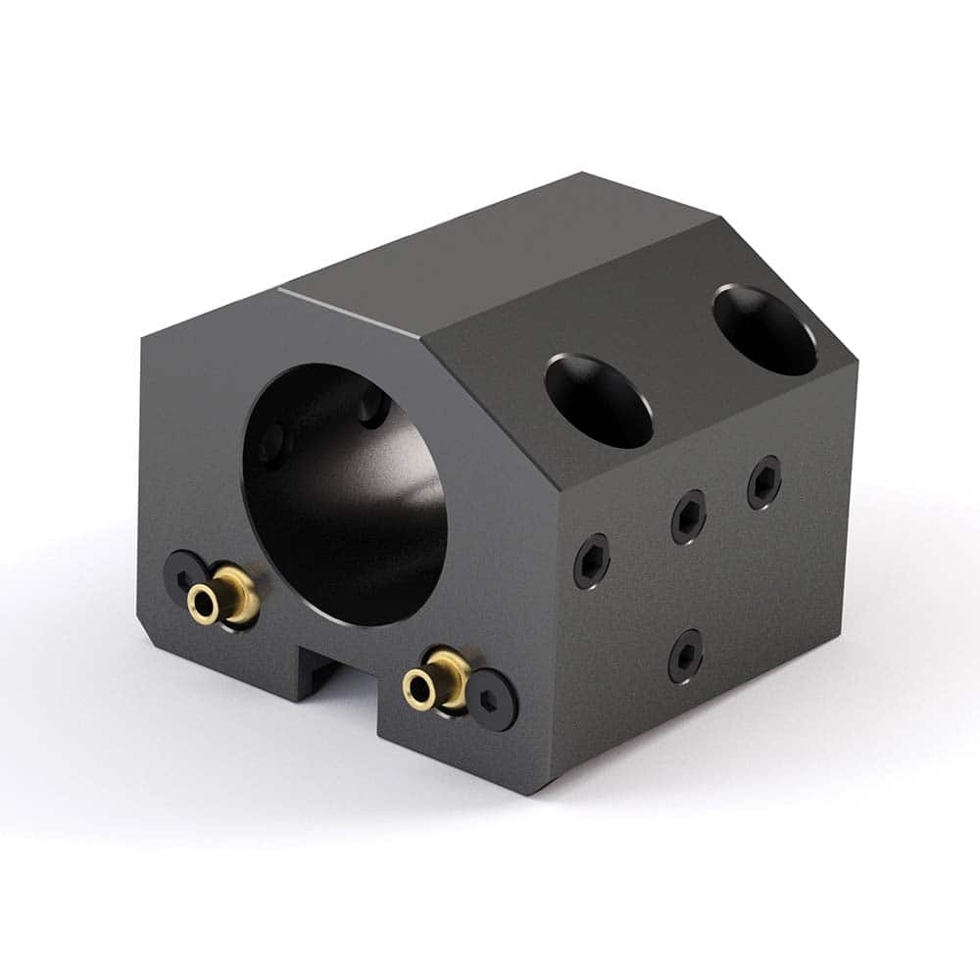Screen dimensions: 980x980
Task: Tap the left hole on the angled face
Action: pyautogui.click(x=599, y=400)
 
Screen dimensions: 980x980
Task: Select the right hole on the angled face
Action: pyautogui.click(x=764, y=329)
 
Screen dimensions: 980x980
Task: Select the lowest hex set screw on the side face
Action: pyautogui.click(x=686, y=656)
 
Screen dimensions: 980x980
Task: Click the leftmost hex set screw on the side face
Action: pyautogui.click(x=591, y=561)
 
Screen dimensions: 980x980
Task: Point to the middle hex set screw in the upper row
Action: pyautogui.click(x=689, y=516)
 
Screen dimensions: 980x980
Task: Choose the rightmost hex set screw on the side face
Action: pyautogui.click(x=764, y=483)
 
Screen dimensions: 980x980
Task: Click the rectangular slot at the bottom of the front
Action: pyautogui.click(x=333, y=666)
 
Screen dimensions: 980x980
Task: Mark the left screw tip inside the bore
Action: pyautogui.click(x=273, y=442)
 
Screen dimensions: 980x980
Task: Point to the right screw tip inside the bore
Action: pyautogui.click(x=372, y=407)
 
